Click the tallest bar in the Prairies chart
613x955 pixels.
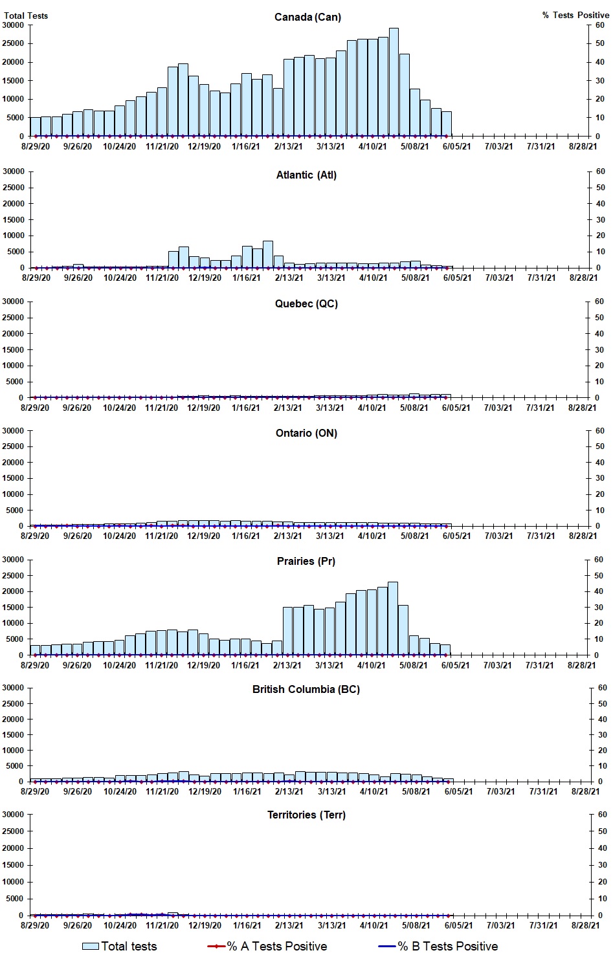(x=392, y=619)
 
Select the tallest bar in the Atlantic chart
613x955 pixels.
(x=267, y=254)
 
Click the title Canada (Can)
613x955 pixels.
(x=307, y=17)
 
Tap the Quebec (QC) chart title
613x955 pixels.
(x=306, y=303)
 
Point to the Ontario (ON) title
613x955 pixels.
(x=306, y=433)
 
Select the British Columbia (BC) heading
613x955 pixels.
(x=306, y=689)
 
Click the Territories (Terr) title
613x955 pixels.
(x=306, y=815)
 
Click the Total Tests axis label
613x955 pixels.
(x=26, y=15)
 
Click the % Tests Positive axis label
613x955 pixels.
(x=575, y=15)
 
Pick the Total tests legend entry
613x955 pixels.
(x=120, y=946)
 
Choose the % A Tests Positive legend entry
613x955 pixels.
(x=268, y=946)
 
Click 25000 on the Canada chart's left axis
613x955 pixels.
(x=14, y=43)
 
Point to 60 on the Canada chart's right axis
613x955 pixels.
(x=600, y=25)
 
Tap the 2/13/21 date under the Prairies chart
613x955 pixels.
(x=287, y=665)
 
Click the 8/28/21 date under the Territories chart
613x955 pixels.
(x=585, y=925)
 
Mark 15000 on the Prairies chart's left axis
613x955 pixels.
(x=14, y=608)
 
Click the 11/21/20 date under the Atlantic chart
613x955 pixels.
(x=162, y=278)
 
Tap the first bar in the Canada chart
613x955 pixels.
(x=35, y=127)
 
